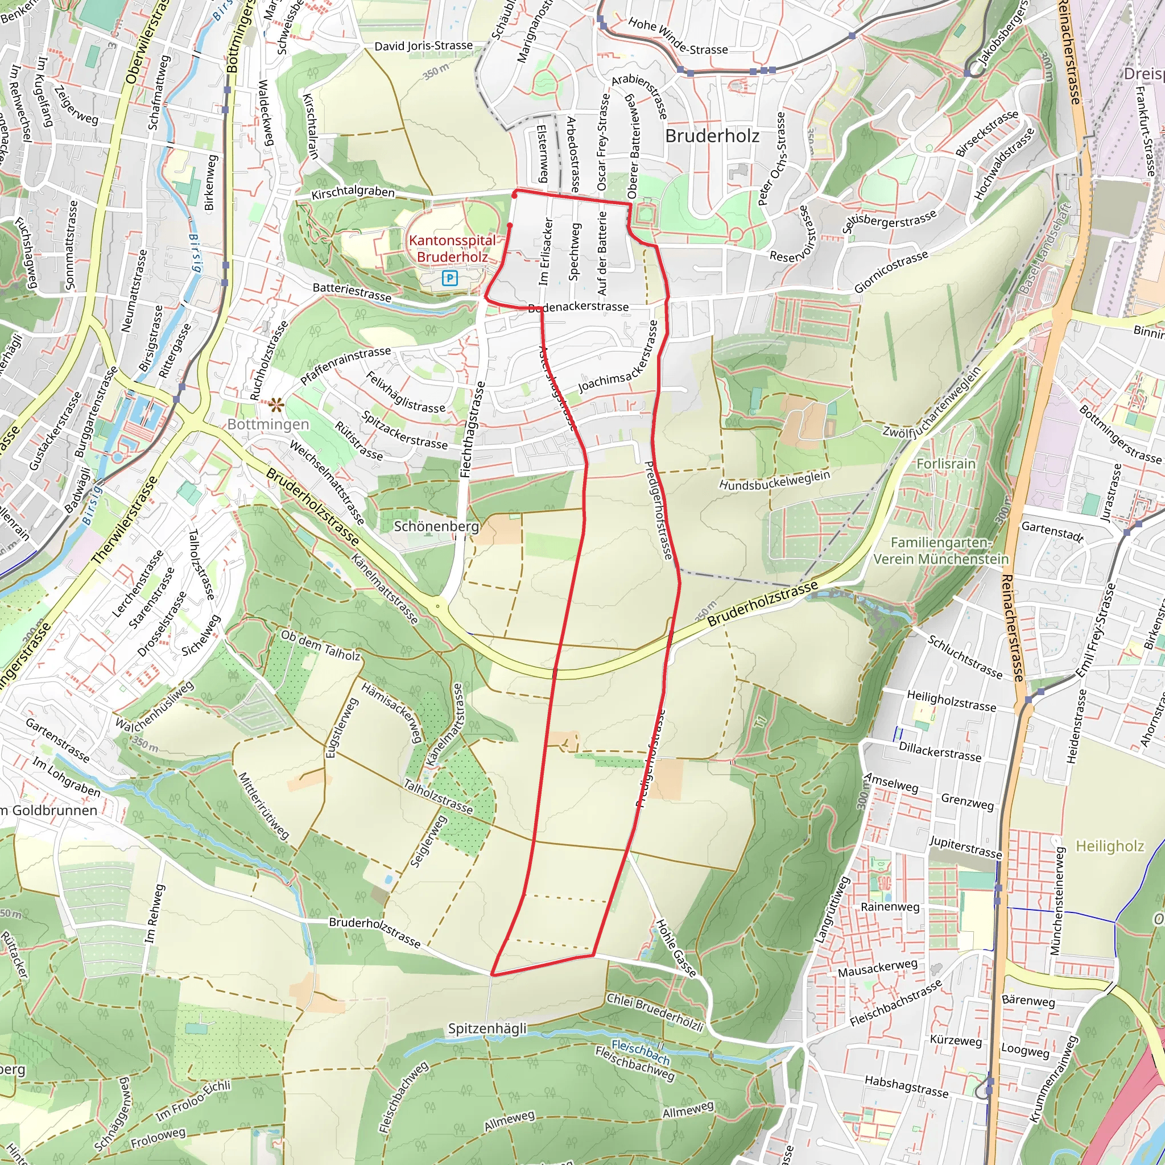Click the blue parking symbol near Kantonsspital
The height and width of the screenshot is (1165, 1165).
click(450, 278)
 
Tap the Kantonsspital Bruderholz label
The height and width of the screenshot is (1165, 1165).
click(452, 249)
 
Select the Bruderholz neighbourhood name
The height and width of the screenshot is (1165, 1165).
click(712, 137)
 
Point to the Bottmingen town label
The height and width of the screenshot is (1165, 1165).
click(268, 424)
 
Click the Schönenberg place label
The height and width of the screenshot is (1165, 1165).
click(436, 526)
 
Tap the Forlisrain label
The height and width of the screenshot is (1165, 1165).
click(945, 464)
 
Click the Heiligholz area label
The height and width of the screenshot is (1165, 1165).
click(1109, 846)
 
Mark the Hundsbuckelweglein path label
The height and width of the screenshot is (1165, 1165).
click(774, 480)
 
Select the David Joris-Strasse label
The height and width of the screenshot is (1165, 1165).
click(423, 46)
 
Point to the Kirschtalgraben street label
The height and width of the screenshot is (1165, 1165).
click(353, 193)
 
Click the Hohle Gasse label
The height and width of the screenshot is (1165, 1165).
click(676, 947)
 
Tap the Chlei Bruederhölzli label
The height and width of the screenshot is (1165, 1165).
click(655, 1012)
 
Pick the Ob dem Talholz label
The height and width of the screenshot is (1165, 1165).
click(321, 645)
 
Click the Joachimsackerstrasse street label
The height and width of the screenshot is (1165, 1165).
click(619, 358)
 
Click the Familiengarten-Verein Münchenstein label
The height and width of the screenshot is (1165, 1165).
click(941, 551)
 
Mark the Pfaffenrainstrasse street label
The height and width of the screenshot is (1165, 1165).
click(345, 365)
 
